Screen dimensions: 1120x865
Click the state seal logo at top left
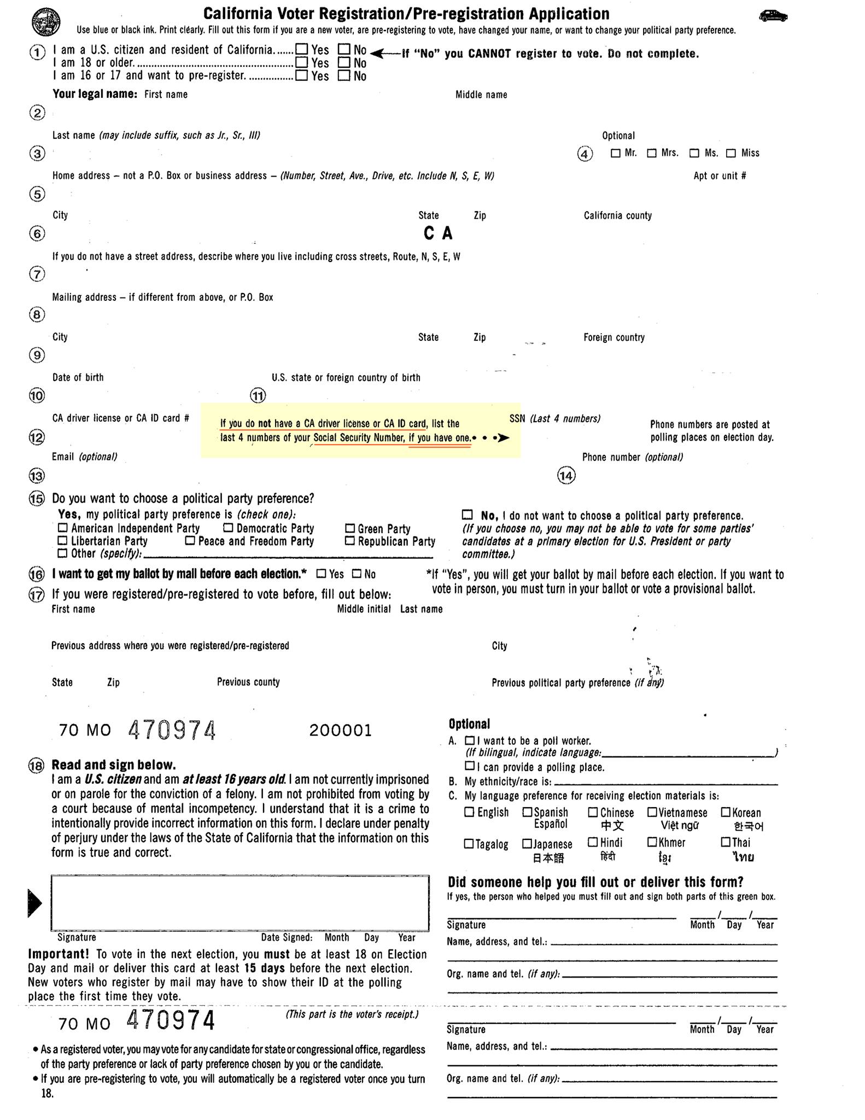pos(46,22)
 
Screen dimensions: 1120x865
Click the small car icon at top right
pos(773,16)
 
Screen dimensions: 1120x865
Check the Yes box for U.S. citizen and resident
pos(301,50)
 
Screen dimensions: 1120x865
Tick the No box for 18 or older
pos(344,62)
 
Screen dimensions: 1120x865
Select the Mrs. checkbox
pos(652,153)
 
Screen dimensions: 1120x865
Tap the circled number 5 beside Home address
pos(37,194)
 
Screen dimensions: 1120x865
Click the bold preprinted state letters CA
pos(438,234)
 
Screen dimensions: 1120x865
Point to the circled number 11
pos(258,395)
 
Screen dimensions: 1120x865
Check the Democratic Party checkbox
pos(228,528)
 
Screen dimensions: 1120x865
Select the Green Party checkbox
pos(350,528)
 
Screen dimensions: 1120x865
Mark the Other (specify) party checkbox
pos(63,553)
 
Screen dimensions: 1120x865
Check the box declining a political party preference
pos(467,515)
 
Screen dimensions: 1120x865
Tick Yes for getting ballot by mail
pos(322,574)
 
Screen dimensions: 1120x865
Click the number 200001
pos(340,731)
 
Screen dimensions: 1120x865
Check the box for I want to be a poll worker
pos(469,740)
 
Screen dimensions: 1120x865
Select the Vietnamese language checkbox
pos(652,812)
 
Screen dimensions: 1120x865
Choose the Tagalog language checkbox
pos(469,843)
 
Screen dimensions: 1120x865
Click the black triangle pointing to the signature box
pos(34,903)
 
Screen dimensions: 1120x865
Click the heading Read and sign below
pos(114,765)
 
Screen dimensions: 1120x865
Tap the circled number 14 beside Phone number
pos(566,476)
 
